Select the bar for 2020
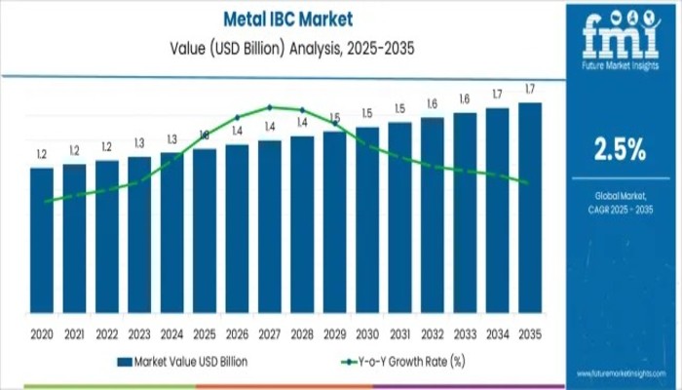pos(42,239)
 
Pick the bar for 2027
pos(270,225)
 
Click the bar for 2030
pos(367,218)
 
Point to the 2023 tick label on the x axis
pos(139,332)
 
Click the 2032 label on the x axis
pos(433,332)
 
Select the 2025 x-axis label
pos(205,332)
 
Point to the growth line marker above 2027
pos(270,107)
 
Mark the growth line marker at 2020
pos(46,201)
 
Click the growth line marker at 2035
pos(527,182)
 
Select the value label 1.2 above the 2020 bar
pos(42,155)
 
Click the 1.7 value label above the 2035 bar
pos(530,90)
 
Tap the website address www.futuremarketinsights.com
pos(618,373)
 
